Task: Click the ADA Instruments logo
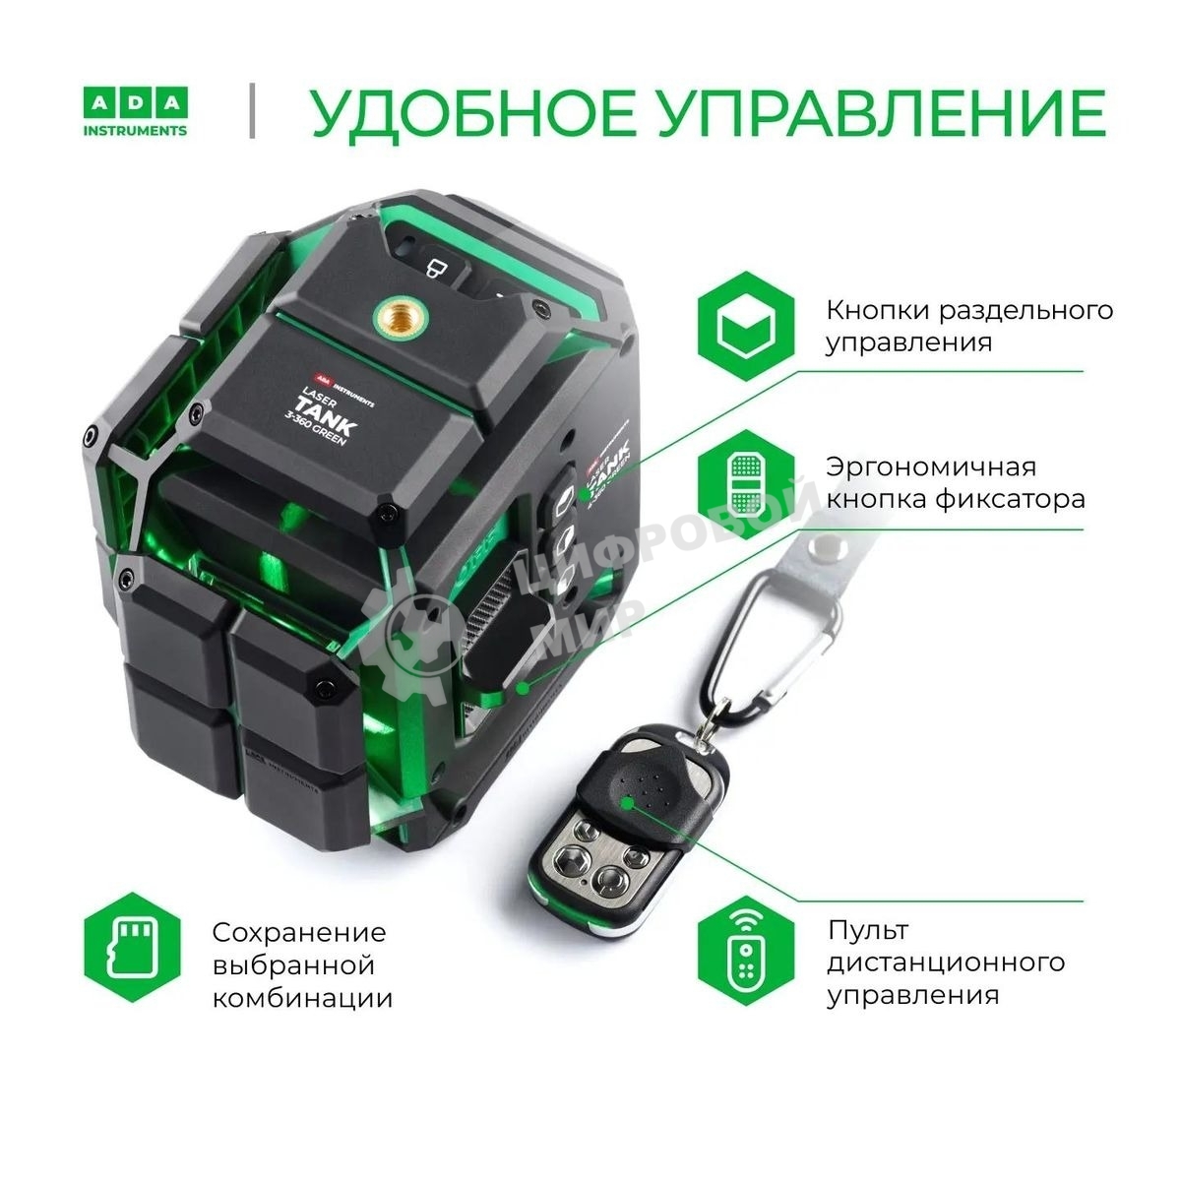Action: (x=134, y=112)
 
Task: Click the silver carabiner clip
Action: (x=782, y=640)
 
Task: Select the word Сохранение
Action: (x=299, y=932)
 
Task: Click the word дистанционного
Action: (x=946, y=962)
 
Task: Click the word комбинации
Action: (x=302, y=998)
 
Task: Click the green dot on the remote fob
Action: (x=626, y=802)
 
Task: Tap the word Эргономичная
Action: (x=931, y=466)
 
